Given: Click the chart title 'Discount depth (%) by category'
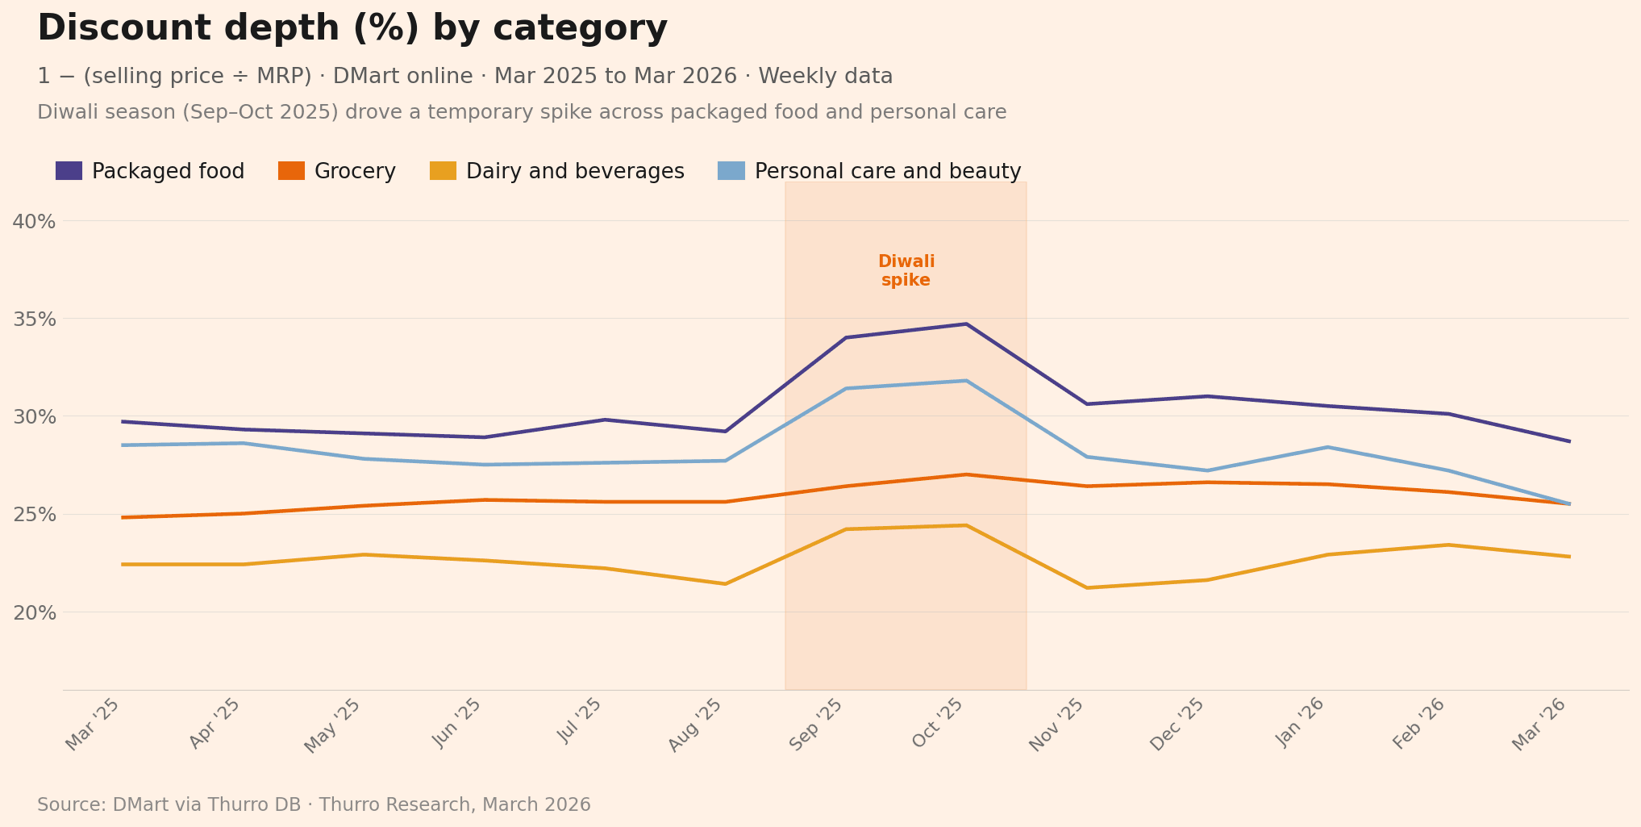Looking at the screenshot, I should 352,29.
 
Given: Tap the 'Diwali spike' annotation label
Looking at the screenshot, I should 906,271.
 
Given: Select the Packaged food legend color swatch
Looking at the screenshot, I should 69,171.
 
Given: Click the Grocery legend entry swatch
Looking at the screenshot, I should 291,171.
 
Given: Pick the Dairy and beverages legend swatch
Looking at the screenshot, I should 443,171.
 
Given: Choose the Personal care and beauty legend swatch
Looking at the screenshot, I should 731,171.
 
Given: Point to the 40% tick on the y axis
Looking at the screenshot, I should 34,221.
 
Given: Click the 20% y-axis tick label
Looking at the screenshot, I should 34,612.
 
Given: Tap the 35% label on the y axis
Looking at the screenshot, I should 34,319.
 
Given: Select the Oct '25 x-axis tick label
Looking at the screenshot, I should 939,724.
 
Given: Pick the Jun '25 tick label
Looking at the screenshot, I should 458,724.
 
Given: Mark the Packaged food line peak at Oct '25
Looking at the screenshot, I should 966,324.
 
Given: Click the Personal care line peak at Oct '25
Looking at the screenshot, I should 966,381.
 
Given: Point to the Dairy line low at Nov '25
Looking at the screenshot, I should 1086,587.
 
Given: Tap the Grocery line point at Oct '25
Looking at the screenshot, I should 966,474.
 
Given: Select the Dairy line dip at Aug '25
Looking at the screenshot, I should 725,583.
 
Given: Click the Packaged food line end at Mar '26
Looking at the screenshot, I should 1568,441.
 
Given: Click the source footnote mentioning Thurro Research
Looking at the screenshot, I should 314,805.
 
